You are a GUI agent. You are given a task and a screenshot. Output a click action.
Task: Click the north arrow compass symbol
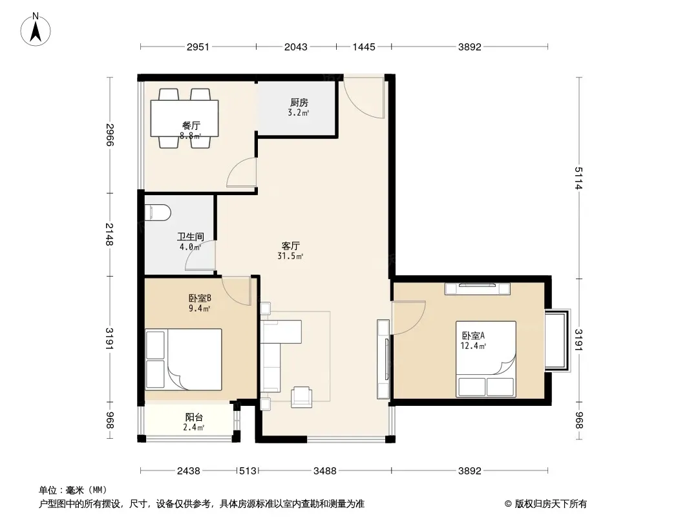tap(36, 30)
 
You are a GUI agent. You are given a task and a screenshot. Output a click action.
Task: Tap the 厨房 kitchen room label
tap(299, 103)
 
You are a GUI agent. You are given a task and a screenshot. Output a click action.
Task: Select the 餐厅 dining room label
tap(191, 126)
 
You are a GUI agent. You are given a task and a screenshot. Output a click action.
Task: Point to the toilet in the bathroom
tap(157, 213)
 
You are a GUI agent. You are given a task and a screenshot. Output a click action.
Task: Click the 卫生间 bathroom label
tap(191, 237)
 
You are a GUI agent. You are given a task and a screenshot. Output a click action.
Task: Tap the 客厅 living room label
tap(290, 246)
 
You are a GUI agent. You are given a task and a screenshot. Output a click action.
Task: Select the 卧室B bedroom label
tap(200, 299)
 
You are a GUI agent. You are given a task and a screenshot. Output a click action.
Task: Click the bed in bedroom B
tap(184, 359)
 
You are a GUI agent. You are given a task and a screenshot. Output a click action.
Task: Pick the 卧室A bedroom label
tap(473, 335)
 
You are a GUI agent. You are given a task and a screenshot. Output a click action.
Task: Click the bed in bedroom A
tap(486, 359)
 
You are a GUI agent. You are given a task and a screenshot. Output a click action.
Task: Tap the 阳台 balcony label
tap(194, 417)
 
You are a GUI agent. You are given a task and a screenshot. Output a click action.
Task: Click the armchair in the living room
tap(301, 397)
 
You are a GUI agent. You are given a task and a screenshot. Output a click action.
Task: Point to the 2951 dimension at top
tap(198, 47)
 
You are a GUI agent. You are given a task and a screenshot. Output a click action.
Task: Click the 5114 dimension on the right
tap(578, 178)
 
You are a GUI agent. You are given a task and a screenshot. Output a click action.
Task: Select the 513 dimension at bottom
tap(248, 471)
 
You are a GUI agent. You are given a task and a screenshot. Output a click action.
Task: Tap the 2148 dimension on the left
tap(109, 235)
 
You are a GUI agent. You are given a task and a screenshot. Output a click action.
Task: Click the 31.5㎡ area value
tap(290, 256)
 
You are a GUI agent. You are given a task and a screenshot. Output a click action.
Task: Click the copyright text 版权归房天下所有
tap(550, 504)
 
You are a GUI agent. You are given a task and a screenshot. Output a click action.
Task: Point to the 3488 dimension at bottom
tap(324, 471)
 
